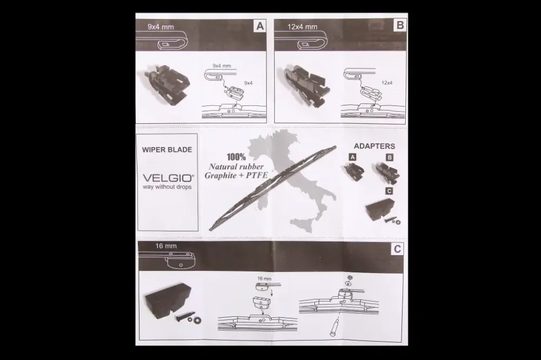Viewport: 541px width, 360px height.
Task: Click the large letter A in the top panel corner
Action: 260,26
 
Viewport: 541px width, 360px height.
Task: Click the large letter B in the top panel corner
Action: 400,25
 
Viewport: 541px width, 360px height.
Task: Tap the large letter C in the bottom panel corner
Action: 397,249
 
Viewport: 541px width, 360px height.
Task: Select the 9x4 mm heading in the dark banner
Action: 161,27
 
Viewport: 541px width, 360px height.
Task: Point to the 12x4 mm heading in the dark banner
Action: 302,26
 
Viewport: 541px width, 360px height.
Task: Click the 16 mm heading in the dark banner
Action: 166,246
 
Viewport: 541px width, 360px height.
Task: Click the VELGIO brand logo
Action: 168,178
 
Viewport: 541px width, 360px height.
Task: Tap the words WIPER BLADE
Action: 167,150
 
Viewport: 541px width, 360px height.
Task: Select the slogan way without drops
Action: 167,187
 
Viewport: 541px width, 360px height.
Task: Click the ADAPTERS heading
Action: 374,146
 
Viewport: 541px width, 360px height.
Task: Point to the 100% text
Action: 236,157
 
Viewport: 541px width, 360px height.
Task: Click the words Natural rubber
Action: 236,167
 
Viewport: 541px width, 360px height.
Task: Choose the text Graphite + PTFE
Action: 236,176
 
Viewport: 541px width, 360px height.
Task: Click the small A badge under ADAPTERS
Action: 352,157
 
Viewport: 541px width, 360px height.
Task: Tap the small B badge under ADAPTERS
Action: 390,158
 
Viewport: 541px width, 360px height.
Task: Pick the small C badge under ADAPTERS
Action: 389,191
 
